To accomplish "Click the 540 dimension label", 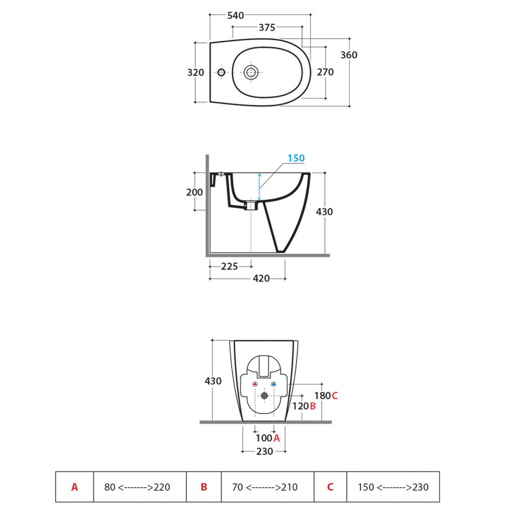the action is [x=236, y=16].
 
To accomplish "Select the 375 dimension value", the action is [x=267, y=28].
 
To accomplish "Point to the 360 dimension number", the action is [x=349, y=55].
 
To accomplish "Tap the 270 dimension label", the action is [x=325, y=73].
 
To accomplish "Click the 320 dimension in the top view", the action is [x=196, y=73].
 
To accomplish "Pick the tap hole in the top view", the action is [x=221, y=73].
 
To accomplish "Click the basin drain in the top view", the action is [x=251, y=73].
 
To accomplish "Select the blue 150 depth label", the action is [x=296, y=158].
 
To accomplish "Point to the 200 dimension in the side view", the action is [x=195, y=192].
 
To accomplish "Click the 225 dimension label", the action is [x=229, y=266].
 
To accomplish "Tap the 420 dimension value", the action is [x=261, y=278].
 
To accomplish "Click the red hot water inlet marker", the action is [x=255, y=384].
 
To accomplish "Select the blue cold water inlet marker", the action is [x=274, y=384].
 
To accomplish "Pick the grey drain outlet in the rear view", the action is [x=264, y=396].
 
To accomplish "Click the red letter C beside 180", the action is [x=335, y=396].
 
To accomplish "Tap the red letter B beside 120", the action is [x=313, y=406].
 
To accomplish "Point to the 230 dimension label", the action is [x=265, y=451].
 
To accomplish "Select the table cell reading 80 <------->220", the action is [x=140, y=487].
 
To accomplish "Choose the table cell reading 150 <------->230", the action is [x=393, y=487].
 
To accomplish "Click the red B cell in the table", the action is [x=204, y=487].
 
